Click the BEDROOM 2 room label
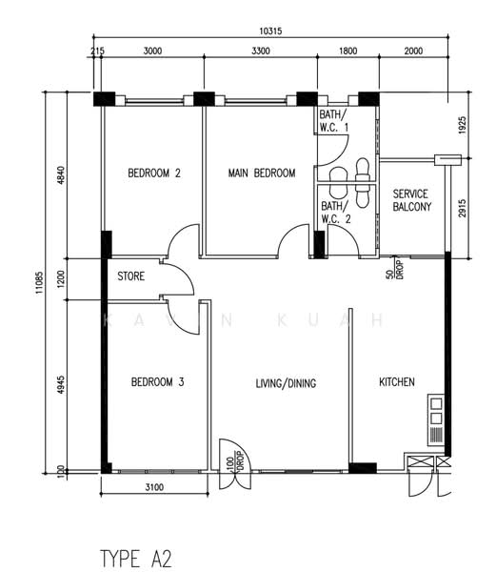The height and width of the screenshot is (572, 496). pyautogui.click(x=154, y=173)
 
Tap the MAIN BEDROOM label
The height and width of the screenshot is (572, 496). pyautogui.click(x=262, y=173)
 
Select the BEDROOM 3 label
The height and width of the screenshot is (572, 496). pyautogui.click(x=157, y=382)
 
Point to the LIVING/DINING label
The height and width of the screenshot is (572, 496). pyautogui.click(x=286, y=383)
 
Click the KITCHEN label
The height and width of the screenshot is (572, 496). pyautogui.click(x=397, y=382)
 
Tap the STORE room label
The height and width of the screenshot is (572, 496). pyautogui.click(x=130, y=276)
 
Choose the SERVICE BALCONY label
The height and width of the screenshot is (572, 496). pyautogui.click(x=412, y=200)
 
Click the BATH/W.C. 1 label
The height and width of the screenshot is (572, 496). pyautogui.click(x=333, y=121)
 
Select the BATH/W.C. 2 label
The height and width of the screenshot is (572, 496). pyautogui.click(x=335, y=213)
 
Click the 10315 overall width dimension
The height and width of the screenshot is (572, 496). pyautogui.click(x=270, y=31)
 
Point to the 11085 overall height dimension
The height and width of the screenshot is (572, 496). pyautogui.click(x=39, y=283)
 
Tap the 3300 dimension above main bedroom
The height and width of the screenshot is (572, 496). pyautogui.click(x=261, y=51)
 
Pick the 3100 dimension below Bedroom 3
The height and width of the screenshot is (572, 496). pyautogui.click(x=154, y=487)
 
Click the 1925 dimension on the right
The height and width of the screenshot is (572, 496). pyautogui.click(x=462, y=125)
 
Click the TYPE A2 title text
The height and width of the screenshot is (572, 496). pyautogui.click(x=135, y=559)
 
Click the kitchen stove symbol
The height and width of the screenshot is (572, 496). pyautogui.click(x=436, y=420)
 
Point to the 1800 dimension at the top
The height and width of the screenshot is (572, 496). pyautogui.click(x=347, y=51)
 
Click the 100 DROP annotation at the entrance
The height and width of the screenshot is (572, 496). pyautogui.click(x=235, y=461)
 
